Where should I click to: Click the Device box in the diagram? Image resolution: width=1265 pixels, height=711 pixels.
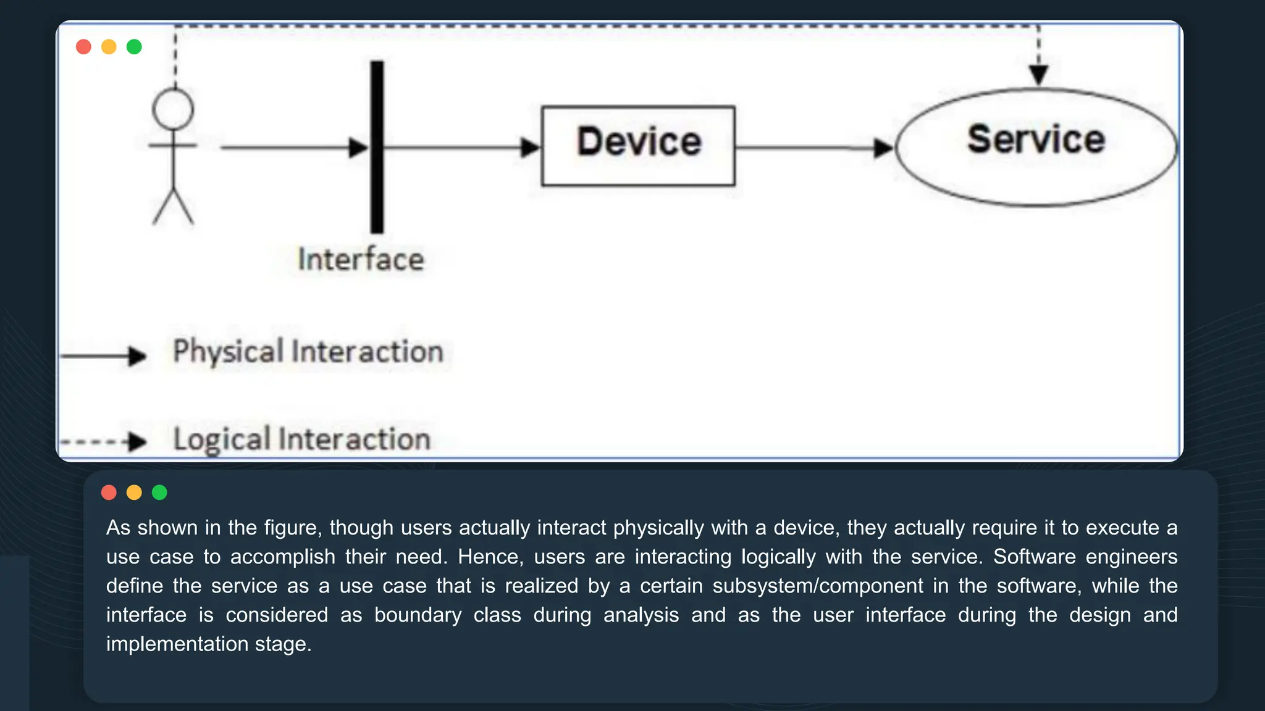click(x=638, y=146)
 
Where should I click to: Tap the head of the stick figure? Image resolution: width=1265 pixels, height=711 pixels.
click(x=173, y=109)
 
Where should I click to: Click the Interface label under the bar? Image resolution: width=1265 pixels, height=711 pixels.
click(x=361, y=259)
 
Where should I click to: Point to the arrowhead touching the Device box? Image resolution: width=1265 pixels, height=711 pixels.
click(x=530, y=148)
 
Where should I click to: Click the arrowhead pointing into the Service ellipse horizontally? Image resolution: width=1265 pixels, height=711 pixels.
click(x=883, y=148)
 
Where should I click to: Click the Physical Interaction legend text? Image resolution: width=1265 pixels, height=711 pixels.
click(x=308, y=352)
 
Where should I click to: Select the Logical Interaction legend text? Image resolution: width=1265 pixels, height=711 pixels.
click(x=301, y=439)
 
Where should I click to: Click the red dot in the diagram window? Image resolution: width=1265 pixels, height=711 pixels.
click(x=83, y=47)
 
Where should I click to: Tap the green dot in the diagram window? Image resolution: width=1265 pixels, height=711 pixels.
click(x=134, y=47)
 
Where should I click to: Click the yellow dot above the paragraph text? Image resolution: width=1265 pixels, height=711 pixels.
click(x=134, y=493)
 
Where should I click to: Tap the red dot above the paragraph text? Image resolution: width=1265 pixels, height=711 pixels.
click(x=109, y=493)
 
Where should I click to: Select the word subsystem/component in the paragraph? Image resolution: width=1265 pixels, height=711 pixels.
click(x=818, y=586)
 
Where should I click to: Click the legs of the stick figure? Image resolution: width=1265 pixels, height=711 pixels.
click(x=173, y=207)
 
